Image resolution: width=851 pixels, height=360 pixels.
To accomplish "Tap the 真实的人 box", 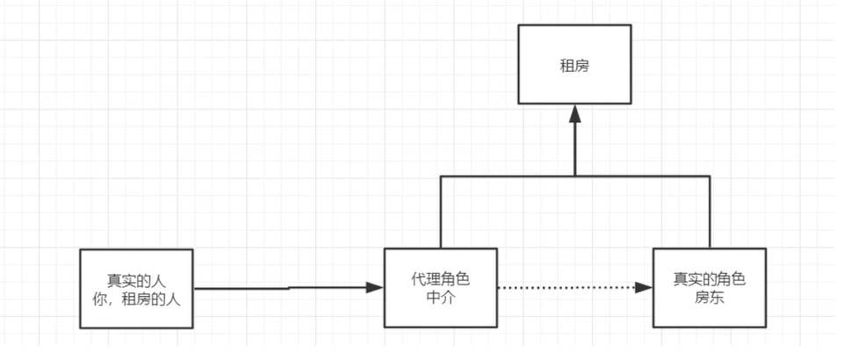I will [x=136, y=288].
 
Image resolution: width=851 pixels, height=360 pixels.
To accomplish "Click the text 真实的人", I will [x=136, y=280].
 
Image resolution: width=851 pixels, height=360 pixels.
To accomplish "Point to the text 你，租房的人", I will [x=136, y=298].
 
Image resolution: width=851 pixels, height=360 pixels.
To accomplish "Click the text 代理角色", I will [x=441, y=280].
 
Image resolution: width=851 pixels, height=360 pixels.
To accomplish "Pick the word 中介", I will [x=441, y=298].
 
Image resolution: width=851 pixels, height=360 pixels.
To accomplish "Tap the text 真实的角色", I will [x=709, y=280].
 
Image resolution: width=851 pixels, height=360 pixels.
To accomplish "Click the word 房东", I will [x=709, y=298].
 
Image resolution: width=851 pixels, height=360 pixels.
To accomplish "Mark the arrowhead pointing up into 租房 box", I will [x=574, y=113].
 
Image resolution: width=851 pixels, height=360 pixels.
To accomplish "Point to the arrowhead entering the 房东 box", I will [x=645, y=288].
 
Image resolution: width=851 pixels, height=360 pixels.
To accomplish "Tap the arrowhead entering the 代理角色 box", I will [x=377, y=287].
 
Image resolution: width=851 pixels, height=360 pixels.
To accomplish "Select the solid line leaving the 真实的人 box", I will [x=263, y=288].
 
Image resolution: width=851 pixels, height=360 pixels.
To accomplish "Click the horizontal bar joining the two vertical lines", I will [x=509, y=176].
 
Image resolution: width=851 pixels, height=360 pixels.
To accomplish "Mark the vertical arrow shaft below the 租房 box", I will [x=574, y=149].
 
